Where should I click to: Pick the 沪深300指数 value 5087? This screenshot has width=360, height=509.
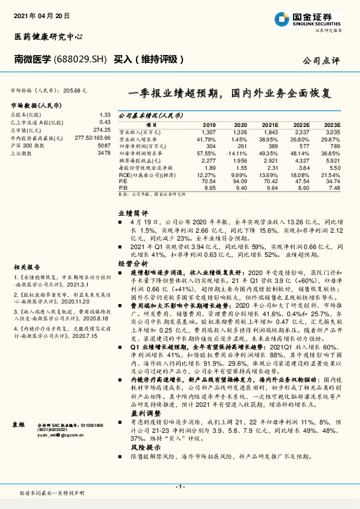pos(104,146)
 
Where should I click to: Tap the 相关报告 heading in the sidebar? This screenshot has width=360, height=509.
pos(27,267)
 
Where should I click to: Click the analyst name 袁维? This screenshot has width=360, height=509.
pos(19,426)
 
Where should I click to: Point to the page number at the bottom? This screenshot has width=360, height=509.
pos(179,487)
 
